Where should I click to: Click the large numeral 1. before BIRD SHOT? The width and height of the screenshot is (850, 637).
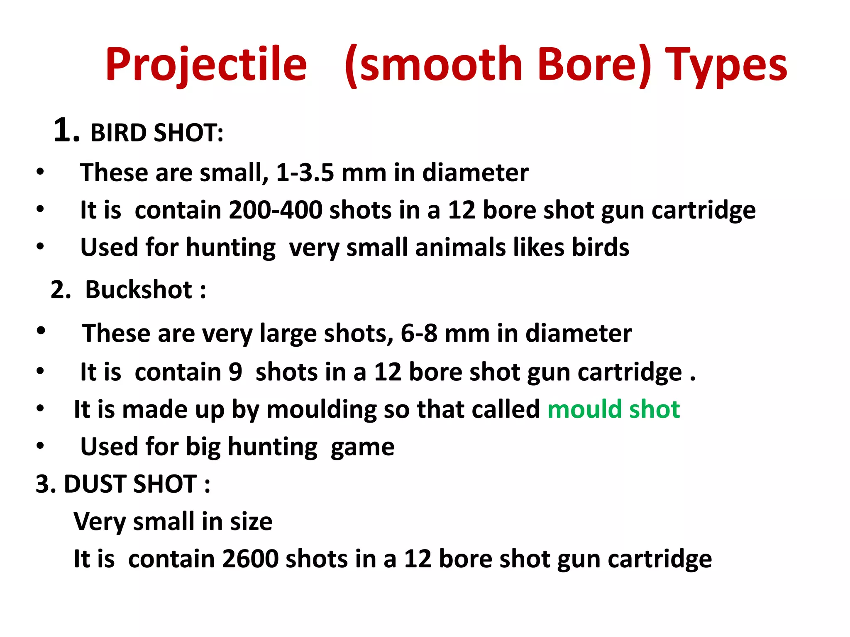click(66, 130)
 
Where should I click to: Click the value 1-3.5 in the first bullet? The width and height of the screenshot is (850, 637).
click(305, 173)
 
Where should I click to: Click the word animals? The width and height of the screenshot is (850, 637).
click(460, 247)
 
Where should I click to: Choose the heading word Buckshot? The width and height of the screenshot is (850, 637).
click(139, 289)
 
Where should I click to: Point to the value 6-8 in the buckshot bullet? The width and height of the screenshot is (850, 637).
click(419, 333)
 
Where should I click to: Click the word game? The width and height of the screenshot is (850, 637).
click(362, 447)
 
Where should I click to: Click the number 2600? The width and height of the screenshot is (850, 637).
click(250, 559)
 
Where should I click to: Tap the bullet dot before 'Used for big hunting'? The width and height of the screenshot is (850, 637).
click(40, 446)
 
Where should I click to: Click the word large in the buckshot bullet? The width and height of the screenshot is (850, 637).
click(288, 333)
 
